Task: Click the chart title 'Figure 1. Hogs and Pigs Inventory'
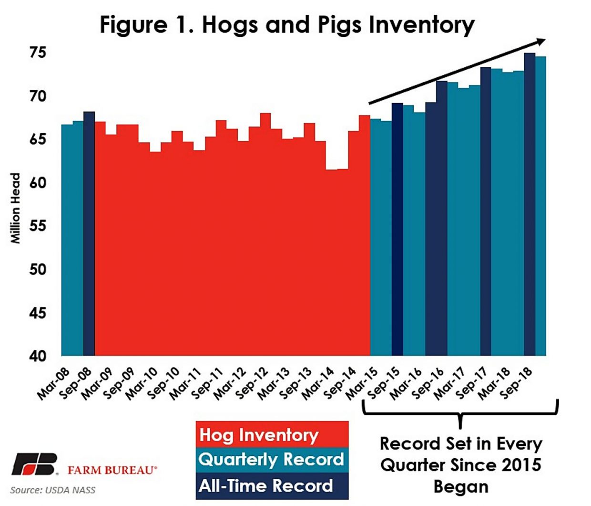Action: pos(287,25)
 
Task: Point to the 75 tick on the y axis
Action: pos(38,52)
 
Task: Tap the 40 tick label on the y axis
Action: pos(38,356)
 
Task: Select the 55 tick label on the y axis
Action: pos(38,226)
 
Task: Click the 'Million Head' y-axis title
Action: pos(16,208)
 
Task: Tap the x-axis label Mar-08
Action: pos(53,384)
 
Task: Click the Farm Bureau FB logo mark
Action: pos(34,464)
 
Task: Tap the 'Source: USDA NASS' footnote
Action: pos(52,490)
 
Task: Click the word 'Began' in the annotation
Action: pos(460,486)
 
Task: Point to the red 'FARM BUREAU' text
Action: pos(112,470)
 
